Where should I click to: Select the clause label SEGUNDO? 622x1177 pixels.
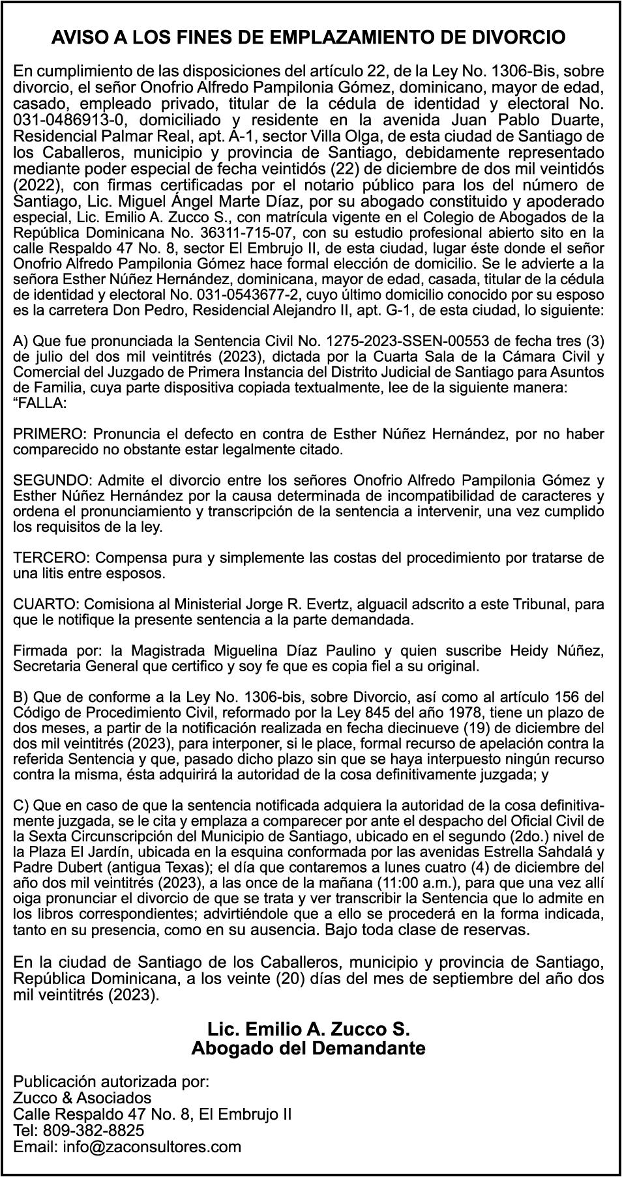coord(53,480)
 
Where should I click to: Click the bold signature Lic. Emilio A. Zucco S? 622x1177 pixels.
coord(308,1030)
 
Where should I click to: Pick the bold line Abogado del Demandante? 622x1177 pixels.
coord(308,1049)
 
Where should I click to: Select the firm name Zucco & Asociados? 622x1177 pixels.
coord(82,1097)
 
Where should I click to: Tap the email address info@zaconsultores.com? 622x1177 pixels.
coord(152,1146)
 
